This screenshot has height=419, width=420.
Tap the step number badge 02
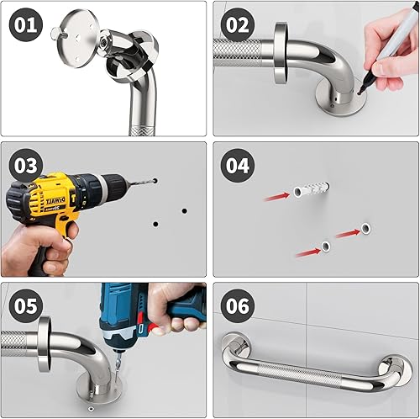(x=238, y=26)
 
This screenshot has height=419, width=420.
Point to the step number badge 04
(x=238, y=165)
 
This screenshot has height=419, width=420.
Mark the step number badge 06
(x=238, y=305)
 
